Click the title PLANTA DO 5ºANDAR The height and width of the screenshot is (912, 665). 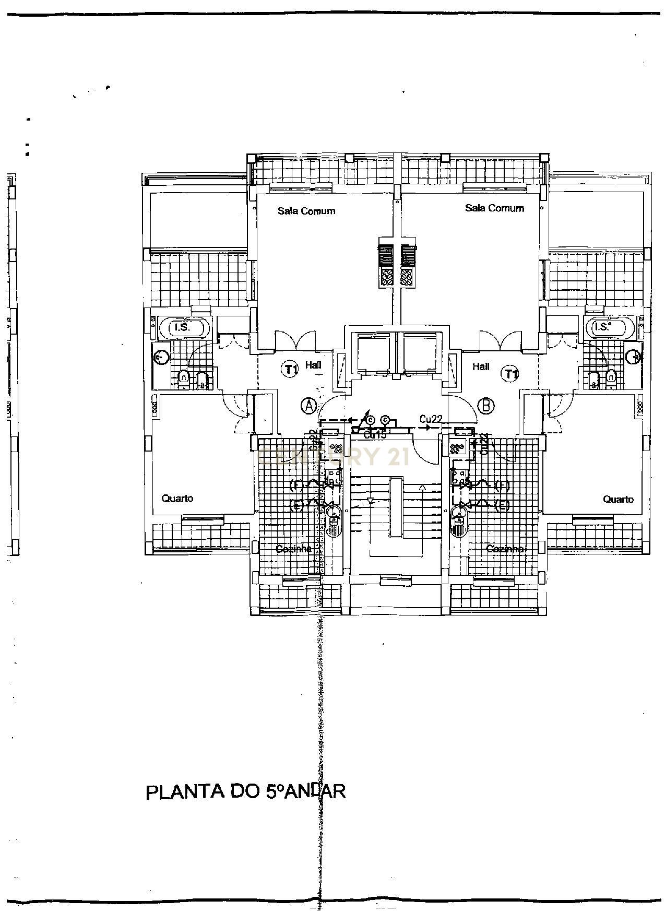click(x=245, y=791)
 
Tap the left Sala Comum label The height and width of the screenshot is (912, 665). click(x=306, y=211)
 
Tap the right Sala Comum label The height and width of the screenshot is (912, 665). click(x=494, y=208)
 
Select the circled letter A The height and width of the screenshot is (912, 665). click(x=309, y=405)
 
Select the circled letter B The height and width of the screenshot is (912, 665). click(x=486, y=405)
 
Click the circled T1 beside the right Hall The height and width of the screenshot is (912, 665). click(x=510, y=373)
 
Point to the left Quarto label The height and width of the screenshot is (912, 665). click(x=177, y=498)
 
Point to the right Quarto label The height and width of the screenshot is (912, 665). click(x=619, y=499)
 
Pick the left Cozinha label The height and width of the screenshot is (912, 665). click(x=293, y=549)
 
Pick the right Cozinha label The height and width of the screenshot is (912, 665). click(x=505, y=549)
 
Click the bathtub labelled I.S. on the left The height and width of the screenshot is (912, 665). click(x=184, y=328)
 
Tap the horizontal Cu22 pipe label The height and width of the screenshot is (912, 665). click(x=431, y=419)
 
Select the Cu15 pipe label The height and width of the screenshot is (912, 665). click(x=375, y=434)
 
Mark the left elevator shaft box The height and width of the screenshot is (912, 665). click(x=373, y=353)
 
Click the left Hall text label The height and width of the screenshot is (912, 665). click(x=313, y=365)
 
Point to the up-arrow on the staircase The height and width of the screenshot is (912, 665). click(x=422, y=488)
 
